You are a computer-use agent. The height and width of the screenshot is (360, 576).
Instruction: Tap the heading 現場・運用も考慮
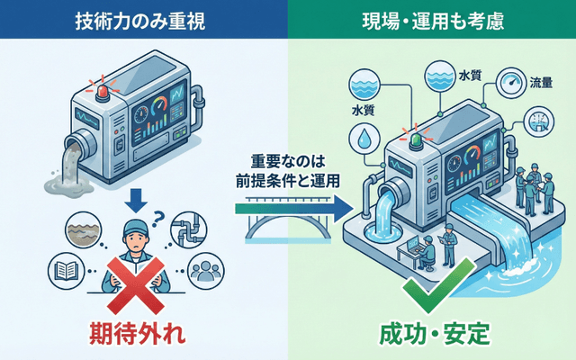click(431, 19)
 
